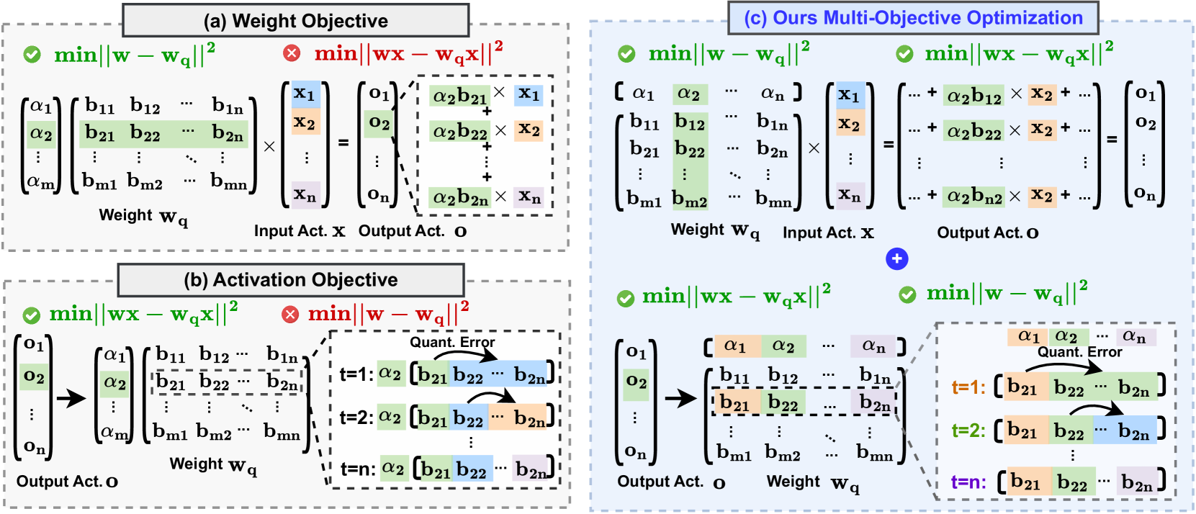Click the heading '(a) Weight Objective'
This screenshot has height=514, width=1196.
[x=295, y=21]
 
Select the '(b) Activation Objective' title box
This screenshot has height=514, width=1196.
[x=291, y=279]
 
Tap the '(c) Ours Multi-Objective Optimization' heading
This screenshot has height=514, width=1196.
[x=913, y=18]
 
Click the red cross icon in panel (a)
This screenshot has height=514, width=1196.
[x=292, y=53]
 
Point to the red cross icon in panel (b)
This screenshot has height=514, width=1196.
[x=290, y=315]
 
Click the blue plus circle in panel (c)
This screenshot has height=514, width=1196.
[x=896, y=259]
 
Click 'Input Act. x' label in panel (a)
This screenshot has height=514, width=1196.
[x=300, y=231]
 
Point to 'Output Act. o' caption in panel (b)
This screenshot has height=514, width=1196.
[x=67, y=481]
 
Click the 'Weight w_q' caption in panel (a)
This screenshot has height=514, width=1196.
[x=143, y=216]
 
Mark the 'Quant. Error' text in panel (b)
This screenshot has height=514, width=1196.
[x=452, y=342]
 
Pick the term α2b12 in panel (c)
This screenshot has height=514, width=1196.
[x=974, y=96]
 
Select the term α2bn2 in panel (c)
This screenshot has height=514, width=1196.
[x=974, y=196]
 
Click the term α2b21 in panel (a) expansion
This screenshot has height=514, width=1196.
[x=459, y=96]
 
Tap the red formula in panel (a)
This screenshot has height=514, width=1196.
[x=408, y=53]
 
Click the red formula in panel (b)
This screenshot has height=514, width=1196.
[x=388, y=315]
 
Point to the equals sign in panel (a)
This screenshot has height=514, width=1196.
[x=343, y=143]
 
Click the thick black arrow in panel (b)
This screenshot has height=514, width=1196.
[x=71, y=397]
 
